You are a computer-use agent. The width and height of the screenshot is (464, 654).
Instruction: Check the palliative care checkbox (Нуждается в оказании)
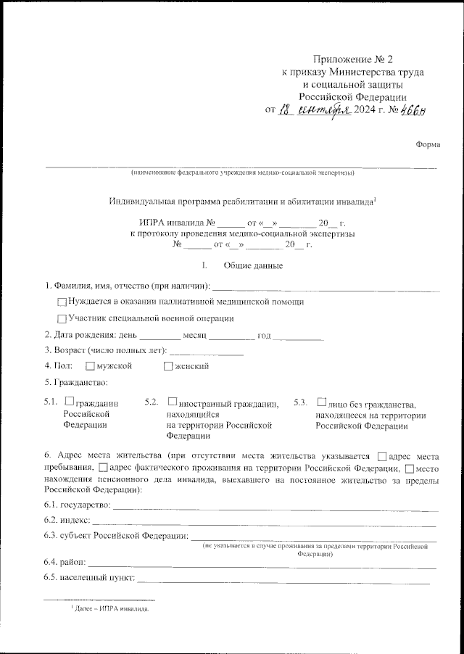point(62,302)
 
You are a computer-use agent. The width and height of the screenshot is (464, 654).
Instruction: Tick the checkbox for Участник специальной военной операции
point(62,319)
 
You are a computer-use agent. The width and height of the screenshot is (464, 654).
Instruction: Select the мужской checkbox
point(90,366)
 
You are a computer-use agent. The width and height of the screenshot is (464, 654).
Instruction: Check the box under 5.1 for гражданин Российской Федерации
point(69,400)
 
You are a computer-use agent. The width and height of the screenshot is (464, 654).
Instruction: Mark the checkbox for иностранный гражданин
point(172,400)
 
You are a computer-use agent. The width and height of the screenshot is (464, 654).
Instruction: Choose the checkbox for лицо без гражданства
point(321,400)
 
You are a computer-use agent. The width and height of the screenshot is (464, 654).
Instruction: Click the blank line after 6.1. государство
point(275,508)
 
